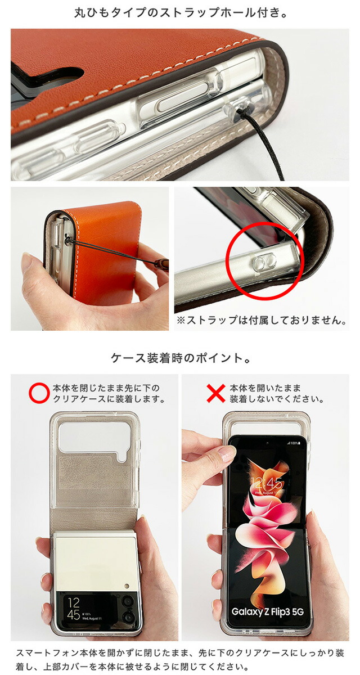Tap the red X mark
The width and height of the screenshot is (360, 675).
(216, 393)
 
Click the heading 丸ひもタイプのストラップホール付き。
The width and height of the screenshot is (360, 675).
(180, 13)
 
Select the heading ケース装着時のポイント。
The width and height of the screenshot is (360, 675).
(180, 358)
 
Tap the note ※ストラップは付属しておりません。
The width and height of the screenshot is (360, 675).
(261, 320)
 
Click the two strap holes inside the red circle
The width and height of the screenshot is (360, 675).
(264, 260)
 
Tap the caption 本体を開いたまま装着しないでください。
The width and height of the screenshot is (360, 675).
(277, 393)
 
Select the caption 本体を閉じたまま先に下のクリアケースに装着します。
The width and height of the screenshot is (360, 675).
(109, 393)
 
